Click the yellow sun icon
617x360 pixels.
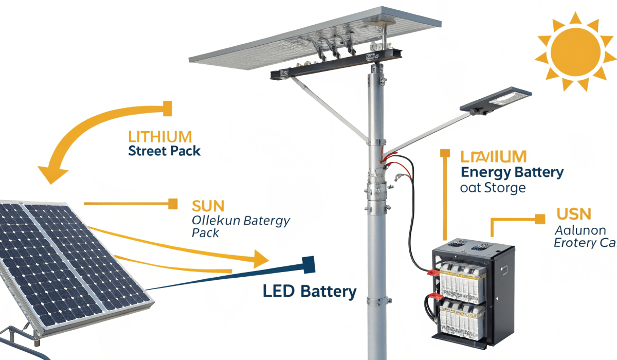(x=575, y=51)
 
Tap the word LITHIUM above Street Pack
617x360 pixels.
(x=159, y=137)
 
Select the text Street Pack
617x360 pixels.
(x=164, y=151)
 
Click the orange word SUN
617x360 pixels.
(x=208, y=206)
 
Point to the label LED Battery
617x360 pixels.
(x=310, y=292)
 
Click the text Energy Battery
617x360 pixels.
(x=512, y=172)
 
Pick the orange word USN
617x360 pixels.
(x=574, y=214)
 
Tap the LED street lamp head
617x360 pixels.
(x=496, y=100)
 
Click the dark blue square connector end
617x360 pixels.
(x=308, y=264)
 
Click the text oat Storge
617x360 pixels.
(x=493, y=188)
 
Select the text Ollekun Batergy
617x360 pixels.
(x=241, y=221)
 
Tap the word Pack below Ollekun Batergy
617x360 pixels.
(x=205, y=233)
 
